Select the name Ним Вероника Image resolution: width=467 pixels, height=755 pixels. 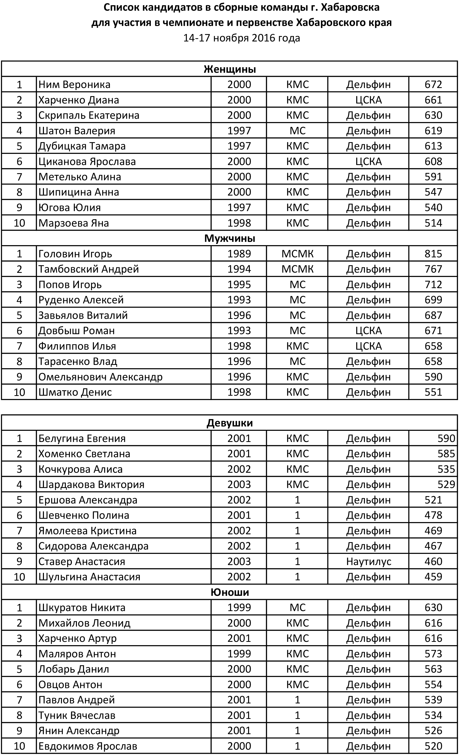(x=74, y=84)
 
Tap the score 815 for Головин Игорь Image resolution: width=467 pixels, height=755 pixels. (x=433, y=254)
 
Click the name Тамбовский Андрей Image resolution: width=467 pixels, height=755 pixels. (x=88, y=269)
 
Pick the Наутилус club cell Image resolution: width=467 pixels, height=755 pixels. (x=368, y=561)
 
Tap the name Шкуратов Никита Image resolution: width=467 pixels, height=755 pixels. (x=82, y=608)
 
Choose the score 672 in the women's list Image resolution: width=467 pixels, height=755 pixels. (x=433, y=84)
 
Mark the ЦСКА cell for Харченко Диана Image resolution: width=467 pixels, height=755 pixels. (x=368, y=100)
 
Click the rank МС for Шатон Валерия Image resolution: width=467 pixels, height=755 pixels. (x=297, y=130)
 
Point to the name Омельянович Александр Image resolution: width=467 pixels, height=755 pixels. (x=100, y=377)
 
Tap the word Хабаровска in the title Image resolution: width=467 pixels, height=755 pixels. (x=350, y=7)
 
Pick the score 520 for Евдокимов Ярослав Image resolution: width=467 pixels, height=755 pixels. (x=433, y=746)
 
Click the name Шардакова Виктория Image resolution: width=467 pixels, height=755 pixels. (x=91, y=484)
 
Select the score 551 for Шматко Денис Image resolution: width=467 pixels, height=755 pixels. (x=433, y=392)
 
